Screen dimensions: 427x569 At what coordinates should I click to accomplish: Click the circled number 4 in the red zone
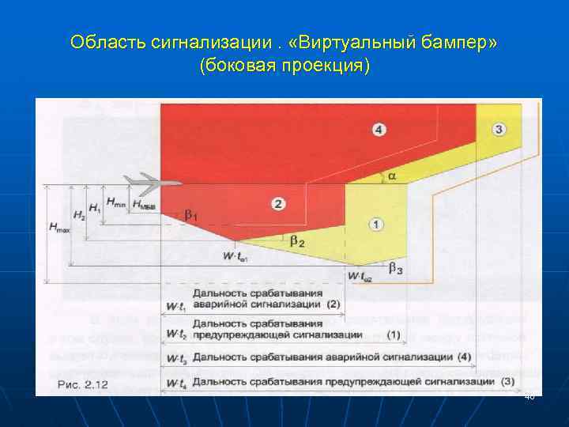point(380,130)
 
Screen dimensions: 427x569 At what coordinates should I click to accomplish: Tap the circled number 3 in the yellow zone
point(499,129)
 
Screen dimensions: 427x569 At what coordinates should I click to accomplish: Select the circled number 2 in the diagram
point(278,204)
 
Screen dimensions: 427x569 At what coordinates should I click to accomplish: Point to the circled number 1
point(376,225)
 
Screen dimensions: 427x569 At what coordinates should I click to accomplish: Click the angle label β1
point(192,214)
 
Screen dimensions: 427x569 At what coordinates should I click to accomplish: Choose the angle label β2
point(297,241)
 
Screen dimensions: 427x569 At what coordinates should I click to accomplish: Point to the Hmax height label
point(58,228)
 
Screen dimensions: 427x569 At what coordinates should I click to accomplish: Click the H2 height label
point(78,214)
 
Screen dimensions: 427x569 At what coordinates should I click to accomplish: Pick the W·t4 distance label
point(175,383)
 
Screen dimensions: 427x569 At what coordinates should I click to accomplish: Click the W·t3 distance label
point(174,359)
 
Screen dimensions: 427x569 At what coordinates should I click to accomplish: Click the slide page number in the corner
point(529,396)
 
